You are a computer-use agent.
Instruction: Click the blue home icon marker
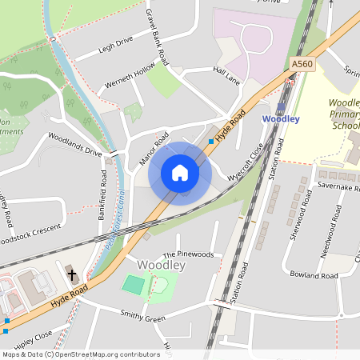(x=180, y=173)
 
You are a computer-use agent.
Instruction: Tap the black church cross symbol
(x=72, y=274)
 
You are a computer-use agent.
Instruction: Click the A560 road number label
(x=303, y=63)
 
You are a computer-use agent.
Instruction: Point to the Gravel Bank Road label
(x=157, y=35)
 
